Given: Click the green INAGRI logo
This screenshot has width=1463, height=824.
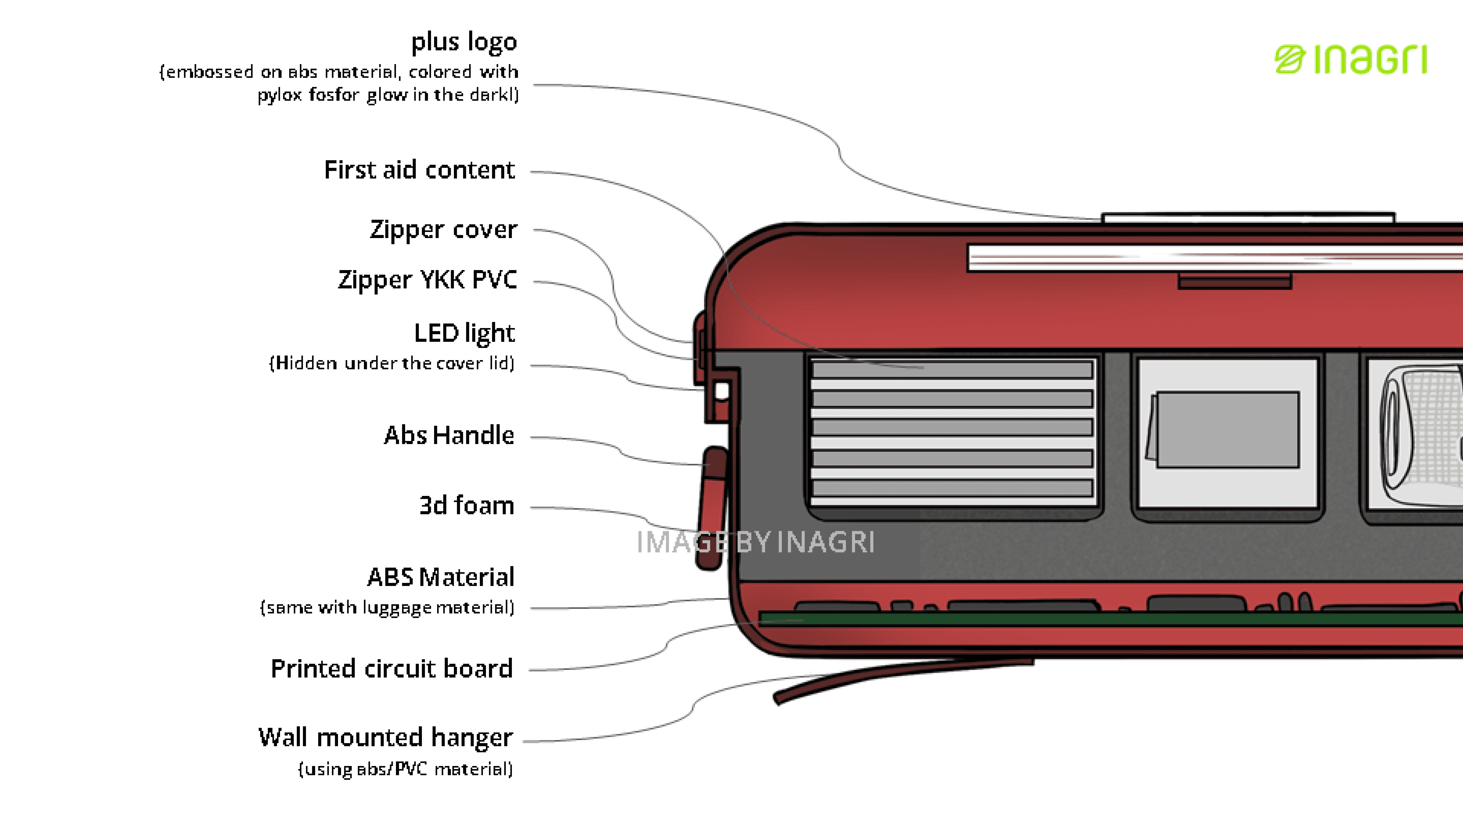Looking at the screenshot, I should pyautogui.click(x=1351, y=60).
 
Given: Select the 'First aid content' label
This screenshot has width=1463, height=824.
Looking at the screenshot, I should pyautogui.click(x=419, y=170).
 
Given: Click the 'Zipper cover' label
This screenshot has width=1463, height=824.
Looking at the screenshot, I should pyautogui.click(x=443, y=230).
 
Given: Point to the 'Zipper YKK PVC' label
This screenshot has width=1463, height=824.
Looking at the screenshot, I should pyautogui.click(x=427, y=280).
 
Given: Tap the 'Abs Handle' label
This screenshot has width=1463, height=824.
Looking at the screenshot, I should pyautogui.click(x=449, y=435).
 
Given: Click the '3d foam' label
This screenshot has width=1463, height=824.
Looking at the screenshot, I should pyautogui.click(x=466, y=505).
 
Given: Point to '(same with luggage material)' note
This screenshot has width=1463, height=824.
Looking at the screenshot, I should pyautogui.click(x=387, y=607).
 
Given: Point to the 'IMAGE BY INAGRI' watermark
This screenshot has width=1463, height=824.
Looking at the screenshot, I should pyautogui.click(x=755, y=542).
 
